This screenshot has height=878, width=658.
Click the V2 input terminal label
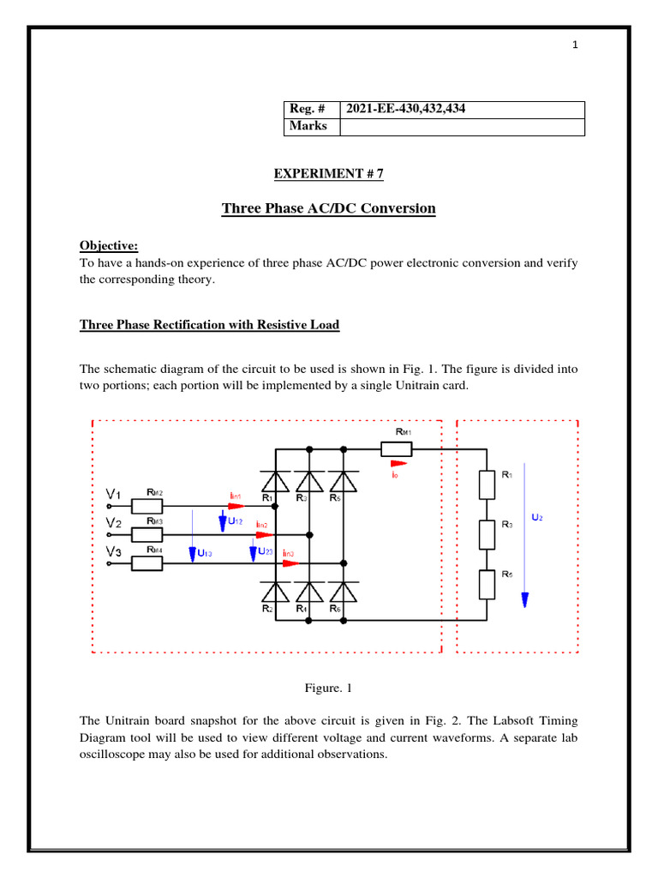[113, 521]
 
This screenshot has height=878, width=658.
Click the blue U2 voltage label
[536, 518]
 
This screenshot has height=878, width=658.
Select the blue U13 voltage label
[205, 554]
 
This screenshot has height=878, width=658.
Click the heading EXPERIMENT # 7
[328, 174]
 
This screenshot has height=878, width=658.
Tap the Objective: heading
[109, 245]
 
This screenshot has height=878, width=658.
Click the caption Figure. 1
[328, 688]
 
